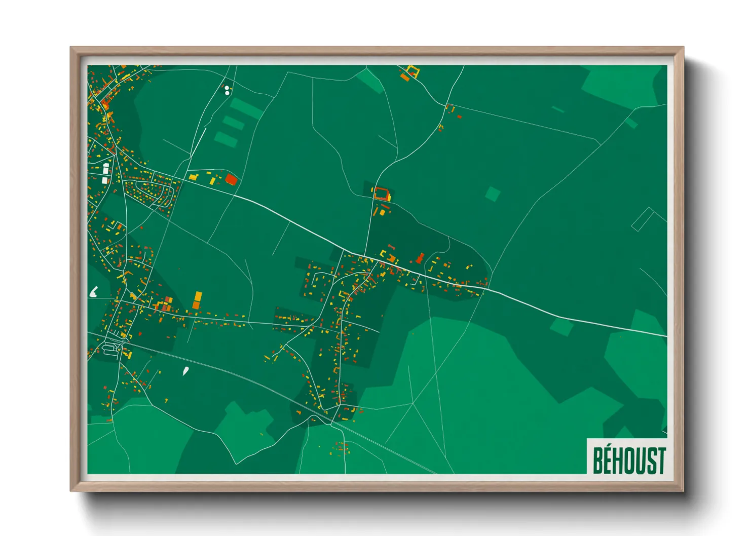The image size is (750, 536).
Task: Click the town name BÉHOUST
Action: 629,460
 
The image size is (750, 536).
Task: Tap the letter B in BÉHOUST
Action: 598,460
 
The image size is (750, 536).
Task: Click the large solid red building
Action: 231,179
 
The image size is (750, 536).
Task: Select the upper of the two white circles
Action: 227,88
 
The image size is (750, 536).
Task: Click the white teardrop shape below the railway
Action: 186,371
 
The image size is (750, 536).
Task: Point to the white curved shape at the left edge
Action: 94,292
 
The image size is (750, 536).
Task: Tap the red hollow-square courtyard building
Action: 382,194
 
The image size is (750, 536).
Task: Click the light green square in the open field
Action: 493,194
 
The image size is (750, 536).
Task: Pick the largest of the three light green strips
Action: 246,108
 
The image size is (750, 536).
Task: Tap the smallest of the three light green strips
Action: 226,139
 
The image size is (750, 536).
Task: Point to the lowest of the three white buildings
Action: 105,180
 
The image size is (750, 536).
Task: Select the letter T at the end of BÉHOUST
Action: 660,461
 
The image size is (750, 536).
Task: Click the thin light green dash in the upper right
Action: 558,109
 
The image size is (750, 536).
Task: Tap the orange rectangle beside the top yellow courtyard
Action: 405,77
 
